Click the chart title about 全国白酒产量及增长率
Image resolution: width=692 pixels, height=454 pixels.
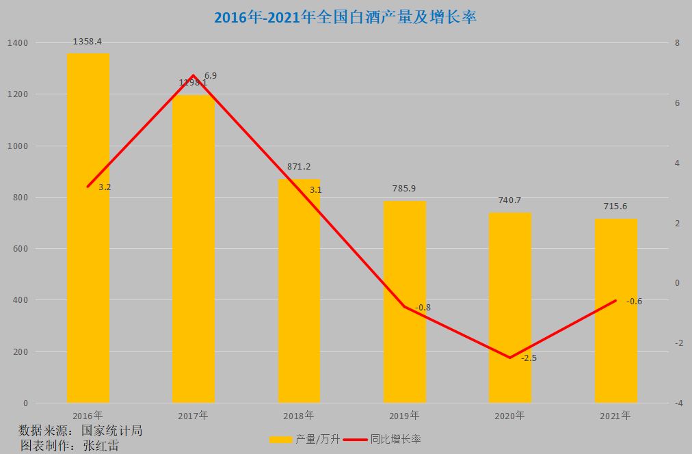[345, 17]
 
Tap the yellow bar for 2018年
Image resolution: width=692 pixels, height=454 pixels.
[299, 291]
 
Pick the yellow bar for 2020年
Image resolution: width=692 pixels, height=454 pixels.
[509, 308]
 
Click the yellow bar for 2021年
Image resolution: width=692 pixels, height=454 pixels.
[615, 310]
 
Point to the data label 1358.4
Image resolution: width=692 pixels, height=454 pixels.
[88, 42]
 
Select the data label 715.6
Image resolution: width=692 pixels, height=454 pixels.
[615, 206]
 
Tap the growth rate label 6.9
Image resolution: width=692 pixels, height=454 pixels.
[211, 76]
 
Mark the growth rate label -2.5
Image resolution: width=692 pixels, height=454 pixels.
[529, 358]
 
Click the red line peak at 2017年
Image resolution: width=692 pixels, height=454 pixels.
[194, 75]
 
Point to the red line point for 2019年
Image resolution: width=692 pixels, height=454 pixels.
[404, 306]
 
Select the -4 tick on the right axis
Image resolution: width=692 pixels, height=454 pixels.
[678, 403]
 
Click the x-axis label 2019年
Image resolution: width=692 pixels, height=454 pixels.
[404, 415]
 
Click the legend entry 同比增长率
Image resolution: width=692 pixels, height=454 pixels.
[382, 439]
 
